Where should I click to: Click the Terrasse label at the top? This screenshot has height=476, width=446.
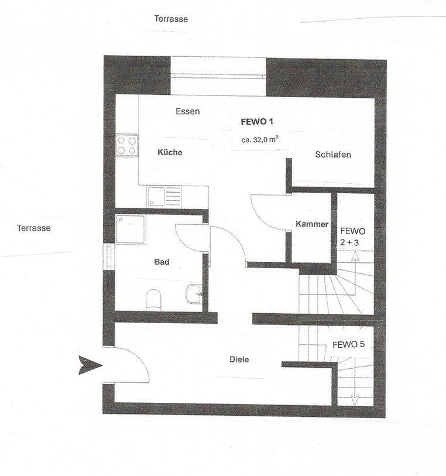[x=171, y=19]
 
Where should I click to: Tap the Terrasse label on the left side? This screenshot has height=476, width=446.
[x=34, y=228]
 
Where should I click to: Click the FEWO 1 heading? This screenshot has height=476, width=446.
[x=257, y=122]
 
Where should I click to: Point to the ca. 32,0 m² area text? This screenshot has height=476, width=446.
[x=260, y=140]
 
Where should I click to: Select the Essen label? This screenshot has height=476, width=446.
[x=188, y=111]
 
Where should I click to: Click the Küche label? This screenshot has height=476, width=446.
[x=170, y=152]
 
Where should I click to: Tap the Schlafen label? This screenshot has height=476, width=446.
[x=333, y=155]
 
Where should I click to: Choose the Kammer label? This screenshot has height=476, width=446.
[x=312, y=224]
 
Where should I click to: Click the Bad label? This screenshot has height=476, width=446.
[x=162, y=262]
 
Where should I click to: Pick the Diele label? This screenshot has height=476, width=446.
[x=239, y=359]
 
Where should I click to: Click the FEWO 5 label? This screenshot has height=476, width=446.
[x=349, y=344]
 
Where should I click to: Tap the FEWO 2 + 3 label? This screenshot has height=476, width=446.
[x=352, y=237]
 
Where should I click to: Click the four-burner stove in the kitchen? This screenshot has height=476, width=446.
[x=127, y=145]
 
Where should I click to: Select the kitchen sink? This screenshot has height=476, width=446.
[x=164, y=196]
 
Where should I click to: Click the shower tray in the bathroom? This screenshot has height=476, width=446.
[x=131, y=229]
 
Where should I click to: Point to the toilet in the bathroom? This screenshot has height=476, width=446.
[x=153, y=300]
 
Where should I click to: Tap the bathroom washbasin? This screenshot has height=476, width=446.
[x=193, y=294]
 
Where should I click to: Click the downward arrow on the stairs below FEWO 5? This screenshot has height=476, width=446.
[x=354, y=391]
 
